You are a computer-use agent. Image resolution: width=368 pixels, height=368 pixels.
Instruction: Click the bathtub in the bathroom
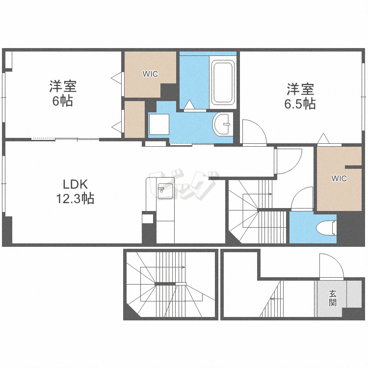tap(223, 82)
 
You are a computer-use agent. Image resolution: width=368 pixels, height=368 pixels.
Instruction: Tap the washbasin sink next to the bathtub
tap(222, 124)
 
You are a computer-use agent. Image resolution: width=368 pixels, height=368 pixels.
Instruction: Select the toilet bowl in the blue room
tap(326, 228)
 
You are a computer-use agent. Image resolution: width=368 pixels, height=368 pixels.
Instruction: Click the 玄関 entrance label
tap(333, 298)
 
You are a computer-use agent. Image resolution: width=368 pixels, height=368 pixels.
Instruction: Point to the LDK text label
tap(76, 184)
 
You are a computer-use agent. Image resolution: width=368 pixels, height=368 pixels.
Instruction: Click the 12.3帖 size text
tap(75, 199)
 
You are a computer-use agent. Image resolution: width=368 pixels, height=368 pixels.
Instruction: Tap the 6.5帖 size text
tap(300, 104)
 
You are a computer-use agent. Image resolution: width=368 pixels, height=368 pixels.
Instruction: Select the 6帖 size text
tap(62, 101)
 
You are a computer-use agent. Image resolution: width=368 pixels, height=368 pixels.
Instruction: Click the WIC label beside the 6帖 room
tap(150, 74)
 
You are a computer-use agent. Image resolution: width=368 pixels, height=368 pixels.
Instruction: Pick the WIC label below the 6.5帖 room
tap(339, 179)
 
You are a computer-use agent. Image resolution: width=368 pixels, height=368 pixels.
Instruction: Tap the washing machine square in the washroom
tap(159, 124)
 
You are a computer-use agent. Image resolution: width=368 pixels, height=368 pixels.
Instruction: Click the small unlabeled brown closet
tap(134, 119)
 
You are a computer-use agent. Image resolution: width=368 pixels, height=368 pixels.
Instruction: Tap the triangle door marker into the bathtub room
tap(189, 105)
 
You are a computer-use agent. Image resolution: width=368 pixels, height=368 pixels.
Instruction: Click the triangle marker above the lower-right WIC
tap(323, 138)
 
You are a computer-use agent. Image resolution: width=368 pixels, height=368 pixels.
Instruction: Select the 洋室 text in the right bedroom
tap(300, 89)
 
